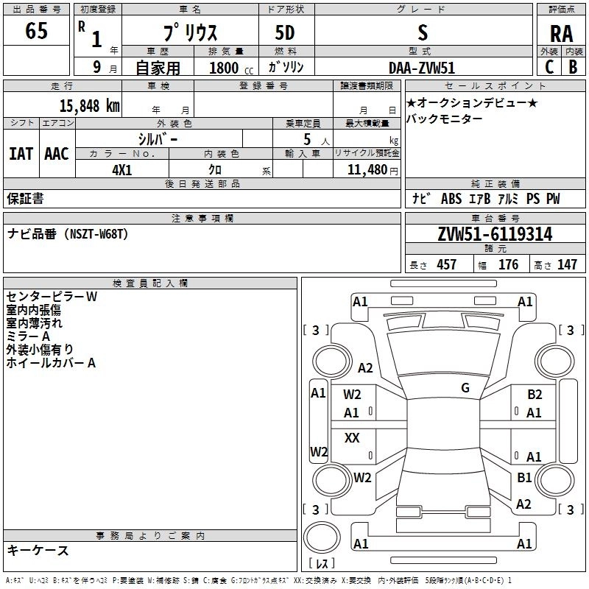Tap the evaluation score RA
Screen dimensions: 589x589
561,34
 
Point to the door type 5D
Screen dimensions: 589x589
285,33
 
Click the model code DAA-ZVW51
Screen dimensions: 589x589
423,67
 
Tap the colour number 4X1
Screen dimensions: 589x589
121,169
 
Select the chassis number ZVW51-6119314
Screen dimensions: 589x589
494,234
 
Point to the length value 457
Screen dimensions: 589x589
446,265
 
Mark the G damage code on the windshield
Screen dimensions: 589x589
465,388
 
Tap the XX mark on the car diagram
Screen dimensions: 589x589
352,438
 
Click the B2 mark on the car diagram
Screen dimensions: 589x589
535,395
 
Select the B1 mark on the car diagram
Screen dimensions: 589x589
524,478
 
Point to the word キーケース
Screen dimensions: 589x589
38,550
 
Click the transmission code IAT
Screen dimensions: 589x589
21,153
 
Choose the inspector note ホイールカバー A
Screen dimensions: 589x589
51,363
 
